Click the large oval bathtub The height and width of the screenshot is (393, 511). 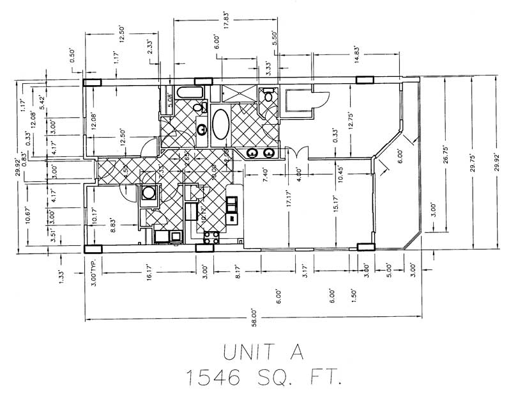(x=222, y=125)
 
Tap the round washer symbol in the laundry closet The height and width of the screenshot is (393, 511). (x=149, y=193)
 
